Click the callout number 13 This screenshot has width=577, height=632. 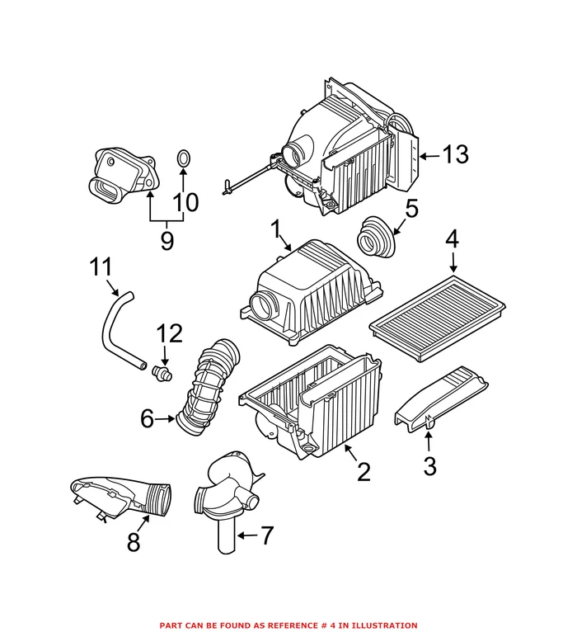[x=456, y=155]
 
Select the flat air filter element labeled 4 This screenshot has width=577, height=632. [x=437, y=318]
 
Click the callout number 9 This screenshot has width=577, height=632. [x=167, y=241]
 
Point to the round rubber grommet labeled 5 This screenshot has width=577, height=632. [x=374, y=238]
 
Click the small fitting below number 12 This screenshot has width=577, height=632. [x=162, y=373]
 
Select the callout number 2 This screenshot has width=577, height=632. [x=364, y=472]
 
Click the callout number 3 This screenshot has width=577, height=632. [x=430, y=466]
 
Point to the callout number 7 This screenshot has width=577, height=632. [x=267, y=535]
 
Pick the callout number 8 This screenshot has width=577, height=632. [x=134, y=542]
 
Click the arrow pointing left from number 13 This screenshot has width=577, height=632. [x=429, y=156]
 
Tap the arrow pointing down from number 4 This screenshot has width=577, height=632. [x=454, y=262]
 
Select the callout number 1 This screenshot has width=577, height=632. [x=276, y=229]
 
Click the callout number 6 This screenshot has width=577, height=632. [x=147, y=419]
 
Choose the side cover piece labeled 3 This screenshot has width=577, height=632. [x=442, y=399]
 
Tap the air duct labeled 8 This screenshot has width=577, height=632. [x=120, y=498]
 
